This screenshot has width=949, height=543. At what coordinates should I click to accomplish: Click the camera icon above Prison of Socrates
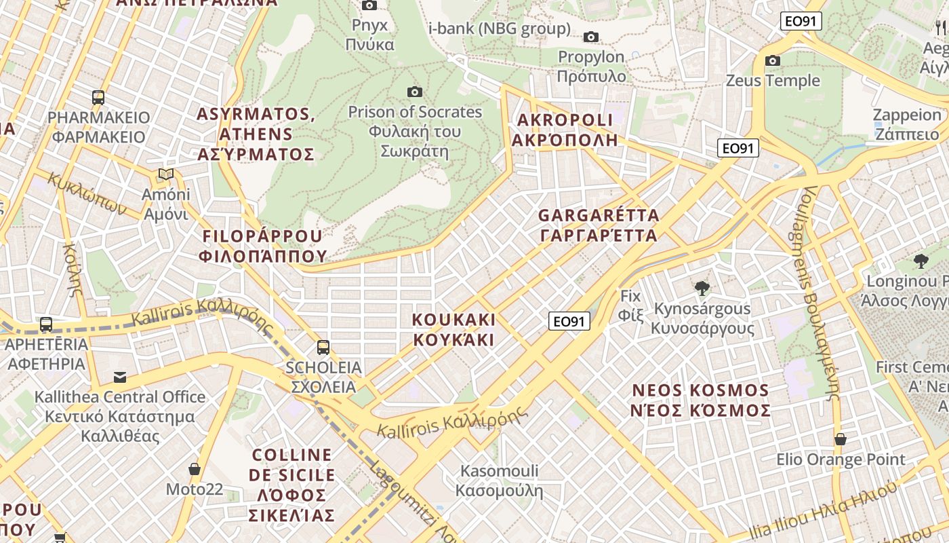tap(415, 92)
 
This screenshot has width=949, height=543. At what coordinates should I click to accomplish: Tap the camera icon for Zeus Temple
tap(772, 61)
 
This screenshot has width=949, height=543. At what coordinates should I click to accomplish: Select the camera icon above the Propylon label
tap(591, 37)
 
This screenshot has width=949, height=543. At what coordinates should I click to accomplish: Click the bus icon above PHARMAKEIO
tap(98, 97)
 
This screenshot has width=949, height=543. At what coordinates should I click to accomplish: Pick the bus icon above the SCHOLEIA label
tap(323, 348)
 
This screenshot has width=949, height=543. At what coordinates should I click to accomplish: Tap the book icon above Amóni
tap(166, 174)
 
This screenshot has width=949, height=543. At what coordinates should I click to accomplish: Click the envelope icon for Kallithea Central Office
tap(120, 377)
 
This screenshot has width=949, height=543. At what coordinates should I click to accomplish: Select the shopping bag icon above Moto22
tap(195, 469)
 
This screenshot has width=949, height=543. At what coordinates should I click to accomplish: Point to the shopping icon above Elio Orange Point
tap(841, 439)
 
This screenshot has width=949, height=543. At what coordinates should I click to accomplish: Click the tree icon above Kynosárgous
tap(702, 288)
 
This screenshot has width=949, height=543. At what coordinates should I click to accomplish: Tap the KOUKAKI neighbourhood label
tap(454, 329)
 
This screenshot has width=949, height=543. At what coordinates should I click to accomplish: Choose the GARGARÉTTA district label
tap(598, 225)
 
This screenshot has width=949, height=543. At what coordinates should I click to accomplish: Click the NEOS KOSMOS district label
tap(701, 400)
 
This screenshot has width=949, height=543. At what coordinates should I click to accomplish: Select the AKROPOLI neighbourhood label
tap(565, 130)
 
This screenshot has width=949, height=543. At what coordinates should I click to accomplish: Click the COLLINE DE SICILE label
tap(292, 485)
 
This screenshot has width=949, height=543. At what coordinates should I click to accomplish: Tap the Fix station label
tap(630, 305)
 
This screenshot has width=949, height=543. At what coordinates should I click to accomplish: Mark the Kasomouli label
tap(500, 480)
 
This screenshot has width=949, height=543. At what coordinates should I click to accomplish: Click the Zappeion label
tap(907, 124)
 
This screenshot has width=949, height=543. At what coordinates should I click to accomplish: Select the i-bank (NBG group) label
tap(500, 29)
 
